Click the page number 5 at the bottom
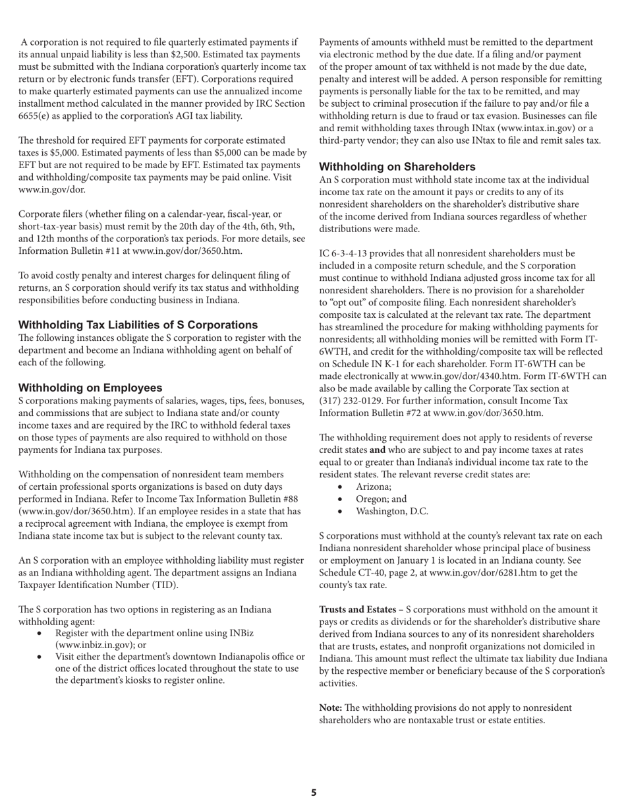314,793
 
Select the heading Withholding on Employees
90,388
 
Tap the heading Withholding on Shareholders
397,167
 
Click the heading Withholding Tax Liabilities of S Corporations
138,325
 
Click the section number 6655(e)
38,116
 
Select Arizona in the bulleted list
373,487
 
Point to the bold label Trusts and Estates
359,610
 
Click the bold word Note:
331,707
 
